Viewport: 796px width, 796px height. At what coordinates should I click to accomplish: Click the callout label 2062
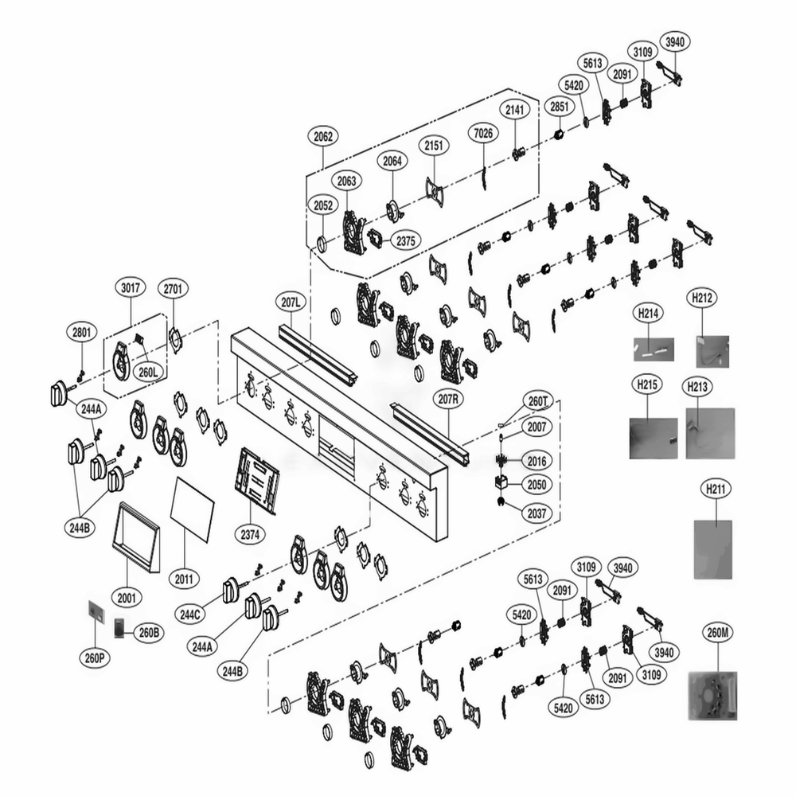pyautogui.click(x=323, y=136)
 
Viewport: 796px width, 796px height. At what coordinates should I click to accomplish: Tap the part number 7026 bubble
pyautogui.click(x=483, y=132)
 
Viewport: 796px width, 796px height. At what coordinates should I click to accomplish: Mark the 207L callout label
pyautogui.click(x=292, y=302)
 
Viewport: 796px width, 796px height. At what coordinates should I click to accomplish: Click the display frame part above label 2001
pyautogui.click(x=136, y=537)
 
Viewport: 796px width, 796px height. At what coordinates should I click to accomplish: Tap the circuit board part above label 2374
pyautogui.click(x=257, y=480)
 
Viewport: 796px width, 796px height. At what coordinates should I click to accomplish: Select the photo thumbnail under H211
pyautogui.click(x=712, y=549)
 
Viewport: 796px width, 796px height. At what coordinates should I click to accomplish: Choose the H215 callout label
pyautogui.click(x=648, y=386)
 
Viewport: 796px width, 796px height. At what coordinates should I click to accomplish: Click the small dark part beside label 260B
pyautogui.click(x=119, y=627)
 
